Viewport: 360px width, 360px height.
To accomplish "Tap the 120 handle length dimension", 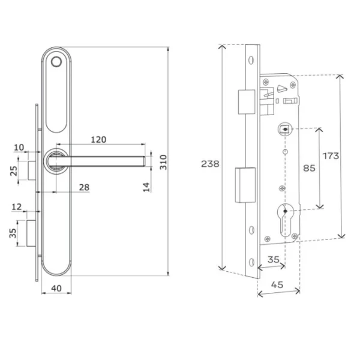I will [x=99, y=139].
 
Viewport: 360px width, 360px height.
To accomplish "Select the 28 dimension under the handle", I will [x=84, y=188].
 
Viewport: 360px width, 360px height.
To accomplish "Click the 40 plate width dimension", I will [x=56, y=288].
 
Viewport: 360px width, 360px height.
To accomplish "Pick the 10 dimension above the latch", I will [x=19, y=148].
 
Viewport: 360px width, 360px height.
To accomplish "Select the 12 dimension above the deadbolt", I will [x=19, y=207].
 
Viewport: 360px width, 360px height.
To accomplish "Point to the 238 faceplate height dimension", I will [x=210, y=164].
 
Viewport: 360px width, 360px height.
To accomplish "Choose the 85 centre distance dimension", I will [x=309, y=169].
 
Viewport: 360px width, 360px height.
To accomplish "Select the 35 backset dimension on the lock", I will [x=273, y=260].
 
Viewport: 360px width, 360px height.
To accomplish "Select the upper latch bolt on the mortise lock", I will [x=244, y=102].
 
